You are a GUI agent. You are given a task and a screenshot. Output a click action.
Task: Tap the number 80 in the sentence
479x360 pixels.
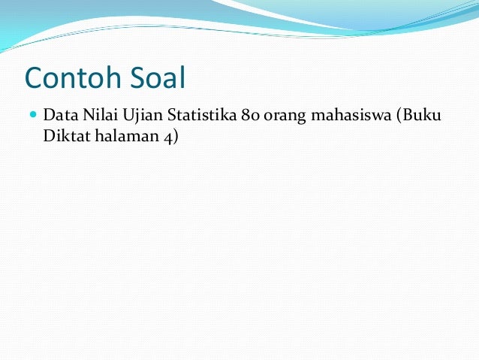pos(250,117)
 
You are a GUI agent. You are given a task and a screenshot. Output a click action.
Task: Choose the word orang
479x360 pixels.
pos(282,118)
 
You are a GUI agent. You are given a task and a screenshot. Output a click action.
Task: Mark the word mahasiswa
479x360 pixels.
pos(346,117)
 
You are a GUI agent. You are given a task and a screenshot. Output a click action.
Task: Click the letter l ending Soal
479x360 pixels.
pos(182,77)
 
